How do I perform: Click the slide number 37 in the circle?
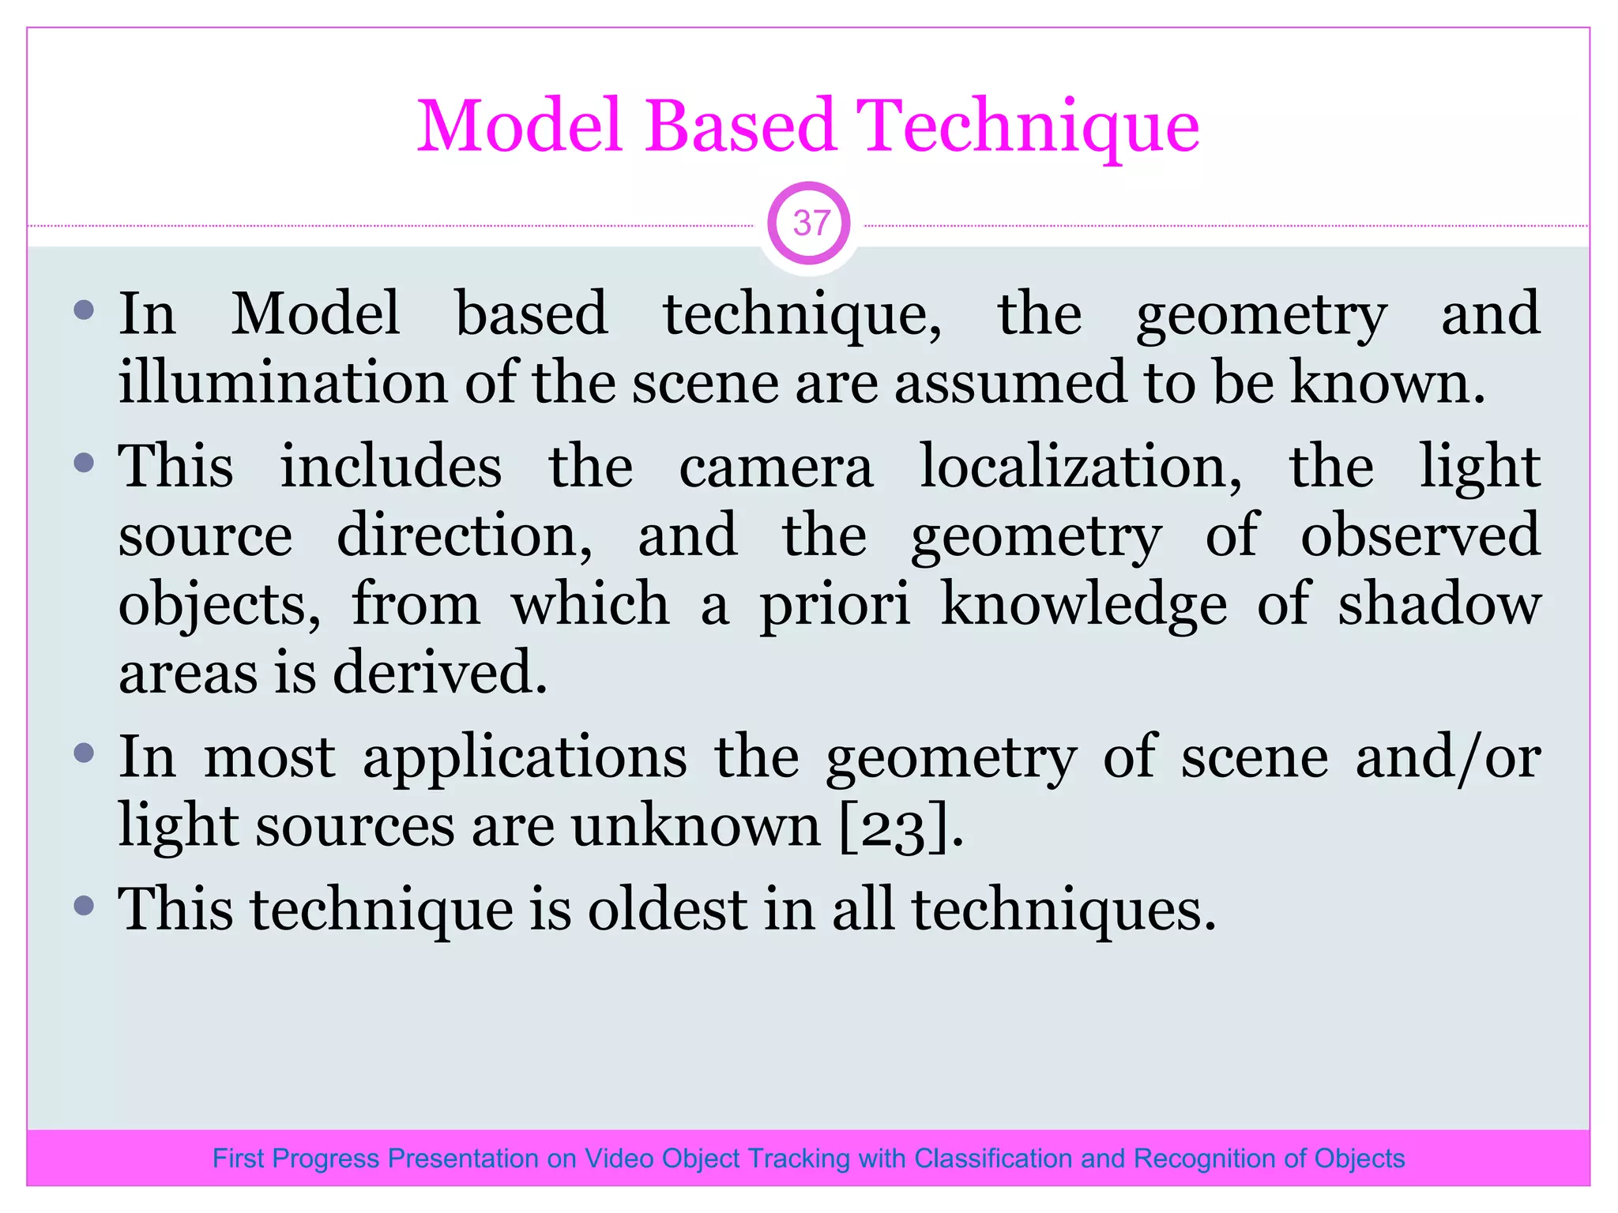point(809,223)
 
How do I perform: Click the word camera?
point(776,468)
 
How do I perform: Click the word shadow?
point(1438,605)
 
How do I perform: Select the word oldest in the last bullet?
point(668,910)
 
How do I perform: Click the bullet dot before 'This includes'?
point(84,463)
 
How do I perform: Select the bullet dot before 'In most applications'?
point(84,753)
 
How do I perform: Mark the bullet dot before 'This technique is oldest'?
point(84,904)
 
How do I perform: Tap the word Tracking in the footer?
point(799,1159)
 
